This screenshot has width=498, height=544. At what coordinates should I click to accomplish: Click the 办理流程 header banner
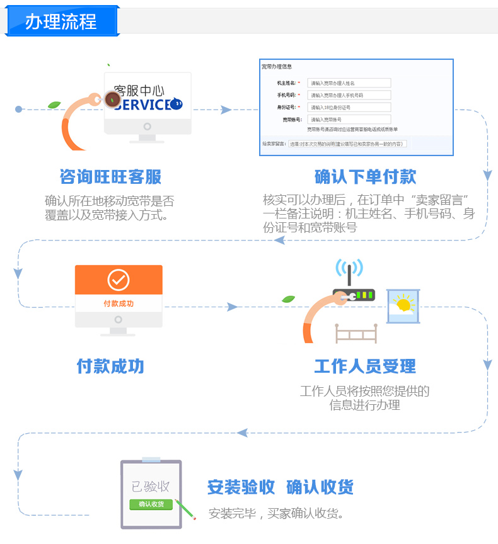point(61,21)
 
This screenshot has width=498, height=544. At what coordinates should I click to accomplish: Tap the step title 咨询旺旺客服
point(110,177)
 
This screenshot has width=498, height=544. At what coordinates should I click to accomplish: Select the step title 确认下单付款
point(365,177)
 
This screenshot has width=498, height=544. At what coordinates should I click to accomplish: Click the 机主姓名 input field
point(349,83)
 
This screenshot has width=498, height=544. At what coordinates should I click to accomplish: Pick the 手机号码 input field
point(349,95)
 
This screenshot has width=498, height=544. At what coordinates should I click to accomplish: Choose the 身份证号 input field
point(349,107)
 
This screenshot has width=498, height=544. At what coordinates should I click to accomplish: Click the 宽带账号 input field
point(349,119)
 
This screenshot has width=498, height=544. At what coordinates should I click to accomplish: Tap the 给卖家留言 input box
point(347,144)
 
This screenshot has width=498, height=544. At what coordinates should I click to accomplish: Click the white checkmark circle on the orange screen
point(119,279)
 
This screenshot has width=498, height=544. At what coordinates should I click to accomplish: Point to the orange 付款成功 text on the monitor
point(119,303)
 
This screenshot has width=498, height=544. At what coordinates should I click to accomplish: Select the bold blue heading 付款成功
point(110,366)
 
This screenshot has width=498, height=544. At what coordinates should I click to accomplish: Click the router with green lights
point(354,294)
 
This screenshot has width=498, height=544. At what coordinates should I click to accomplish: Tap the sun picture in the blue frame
point(403,306)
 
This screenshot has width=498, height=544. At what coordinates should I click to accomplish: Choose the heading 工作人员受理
point(365,366)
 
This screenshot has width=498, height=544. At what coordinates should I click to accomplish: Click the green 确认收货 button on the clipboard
point(151,504)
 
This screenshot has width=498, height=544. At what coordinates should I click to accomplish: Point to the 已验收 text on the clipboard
point(151,486)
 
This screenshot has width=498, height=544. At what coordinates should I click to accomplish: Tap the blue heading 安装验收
point(241,487)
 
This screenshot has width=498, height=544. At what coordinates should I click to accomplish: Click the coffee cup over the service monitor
point(113,99)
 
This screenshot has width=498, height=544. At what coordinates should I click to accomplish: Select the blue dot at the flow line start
point(19,110)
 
